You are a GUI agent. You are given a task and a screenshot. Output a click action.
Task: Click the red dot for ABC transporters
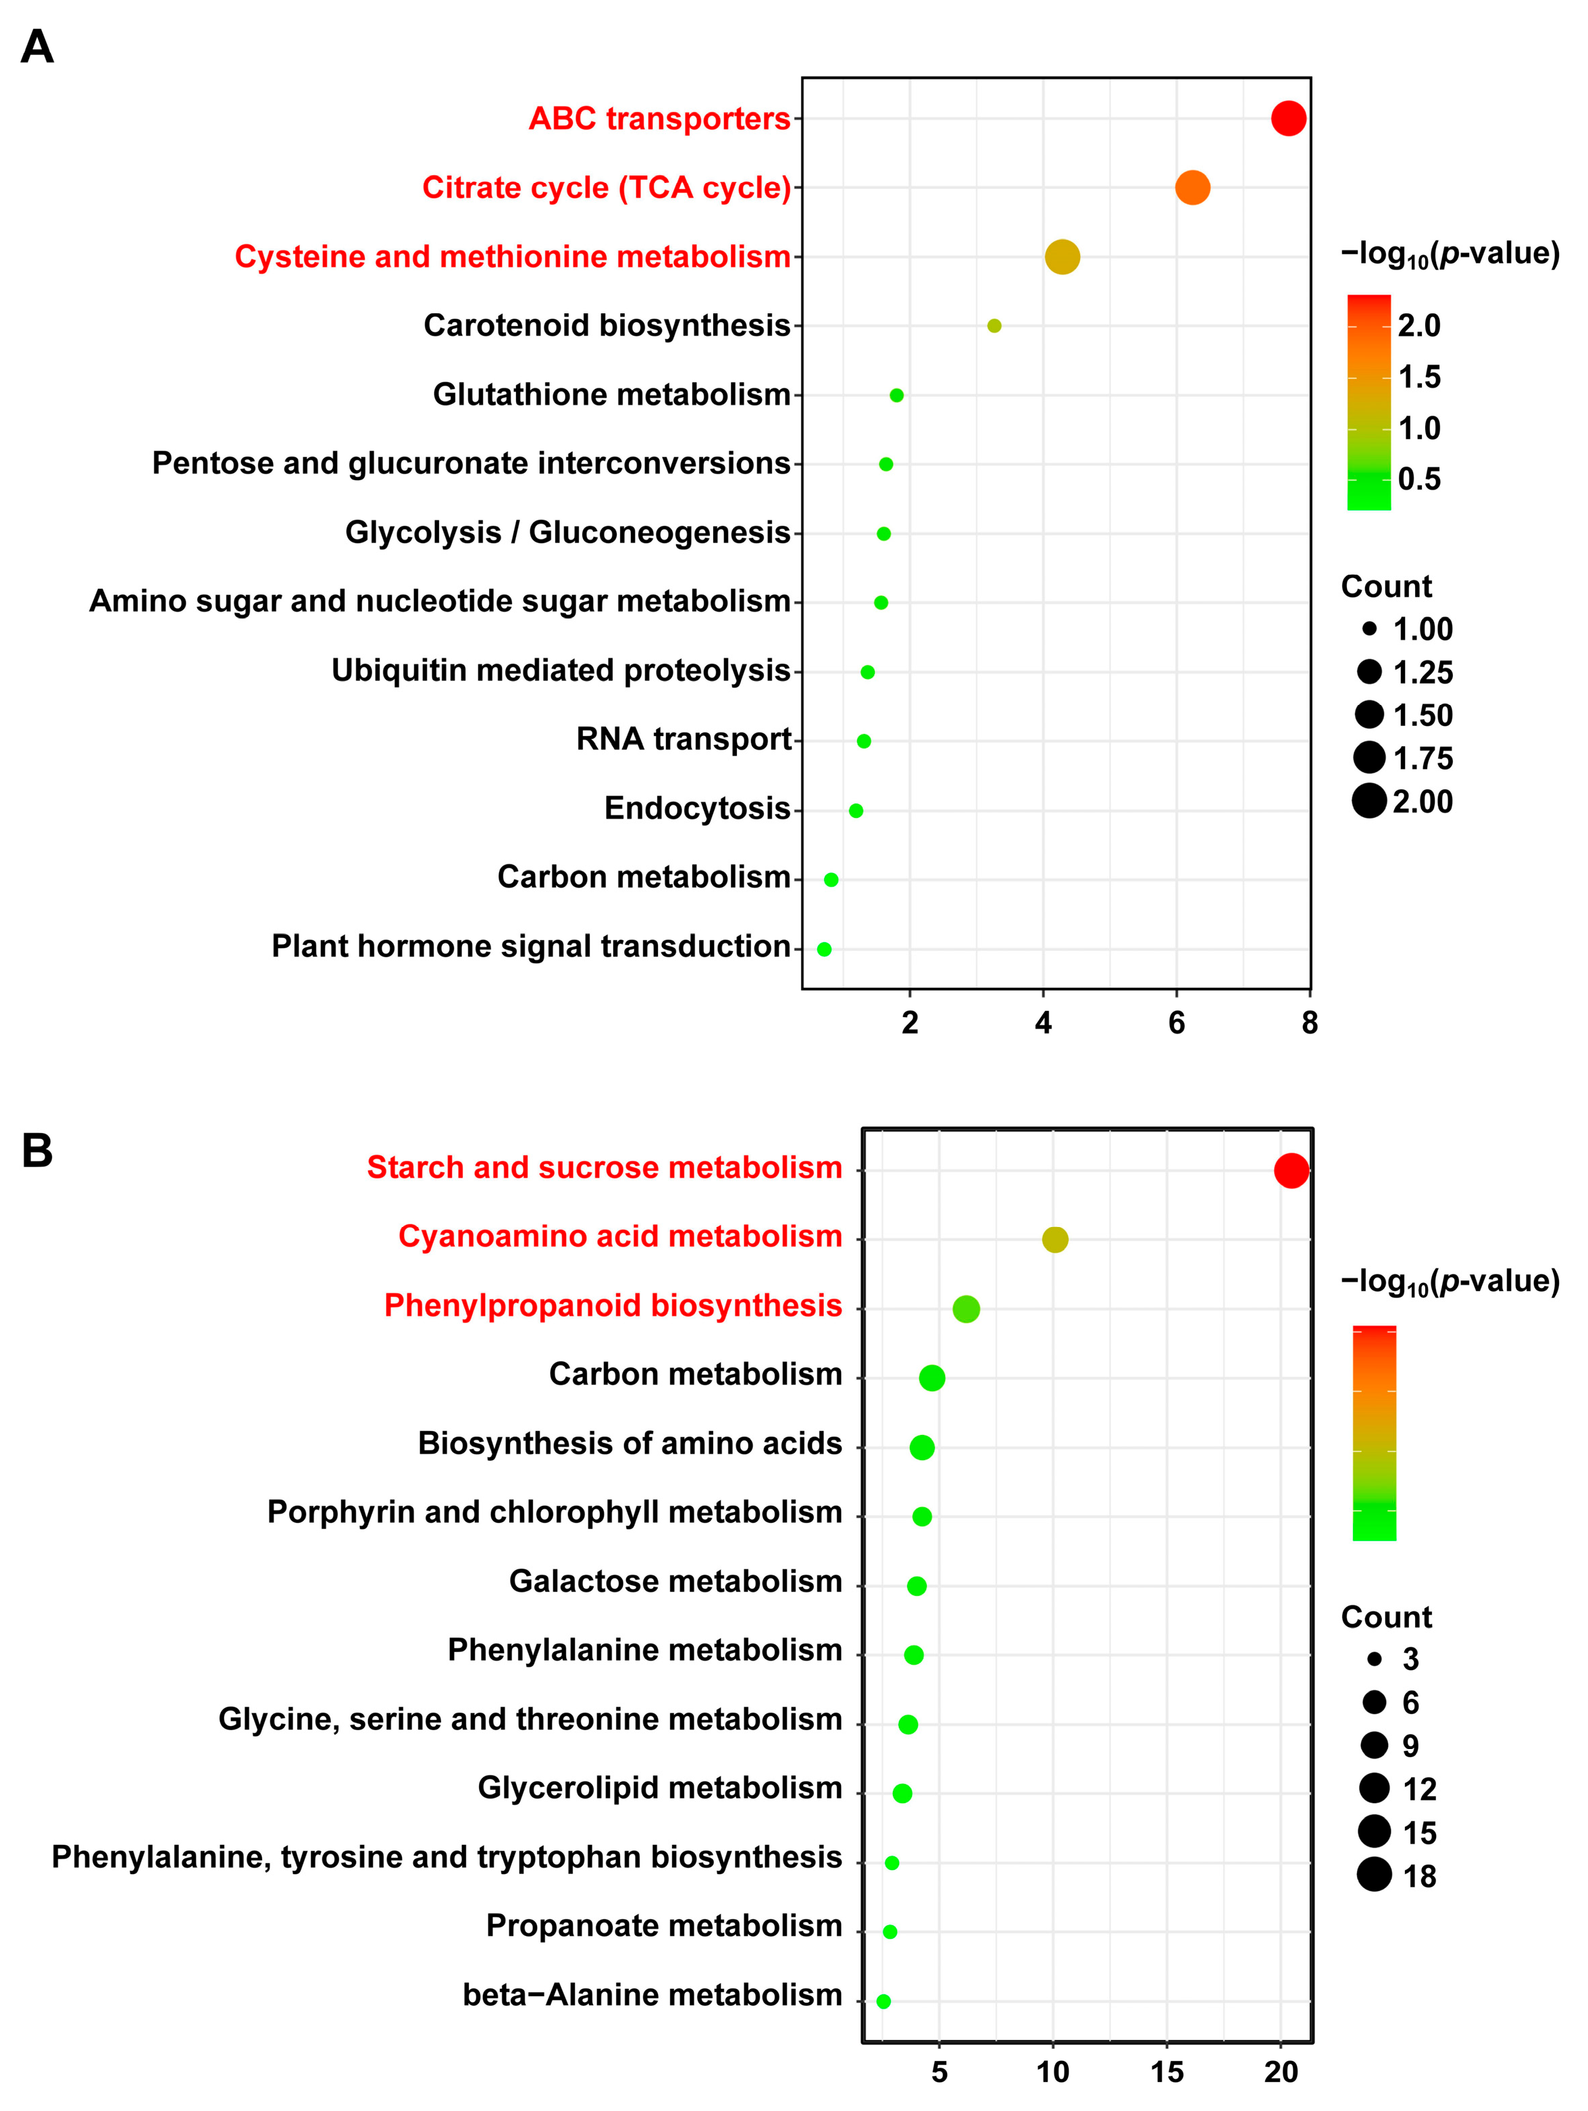[x=1288, y=118]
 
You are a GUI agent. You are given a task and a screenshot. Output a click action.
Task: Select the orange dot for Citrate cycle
[x=1192, y=187]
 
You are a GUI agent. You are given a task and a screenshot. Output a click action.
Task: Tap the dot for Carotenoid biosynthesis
[x=994, y=325]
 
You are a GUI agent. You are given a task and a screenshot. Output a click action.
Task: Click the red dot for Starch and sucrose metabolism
[x=1291, y=1170]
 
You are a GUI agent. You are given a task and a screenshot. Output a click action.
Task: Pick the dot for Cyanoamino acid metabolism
[x=1054, y=1240]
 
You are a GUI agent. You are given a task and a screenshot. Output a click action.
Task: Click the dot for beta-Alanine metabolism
[x=883, y=2000]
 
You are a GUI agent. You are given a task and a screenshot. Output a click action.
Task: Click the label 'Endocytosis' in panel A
[x=696, y=808]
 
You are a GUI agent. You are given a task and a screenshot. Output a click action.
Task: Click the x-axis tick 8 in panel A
[x=1309, y=1023]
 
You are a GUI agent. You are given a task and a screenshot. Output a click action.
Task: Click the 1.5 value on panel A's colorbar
[x=1419, y=377]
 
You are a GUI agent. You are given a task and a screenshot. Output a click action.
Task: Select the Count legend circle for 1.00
[x=1369, y=629]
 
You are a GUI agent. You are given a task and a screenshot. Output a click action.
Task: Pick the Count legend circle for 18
[x=1375, y=1875]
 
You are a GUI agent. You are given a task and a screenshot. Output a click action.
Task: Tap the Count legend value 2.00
[x=1422, y=802]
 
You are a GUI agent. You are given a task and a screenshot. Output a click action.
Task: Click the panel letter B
[x=37, y=1151]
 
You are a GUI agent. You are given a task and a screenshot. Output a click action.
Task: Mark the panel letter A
[x=37, y=47]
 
